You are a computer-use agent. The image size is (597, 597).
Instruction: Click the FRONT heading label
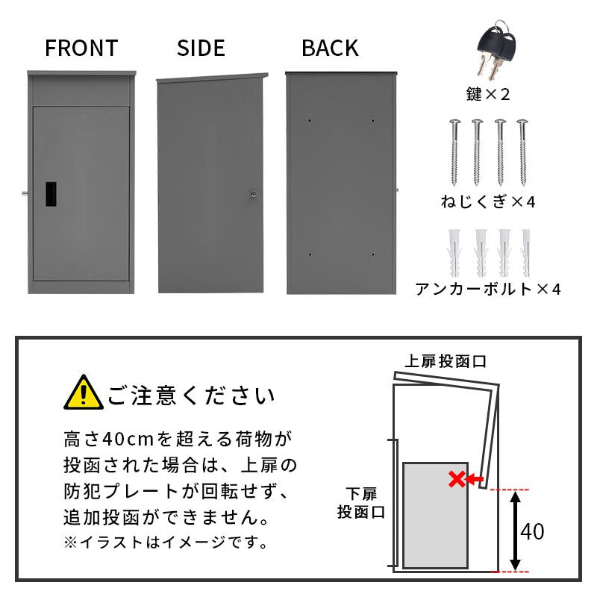pos(81,49)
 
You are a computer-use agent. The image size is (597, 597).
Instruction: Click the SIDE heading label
pos(201,49)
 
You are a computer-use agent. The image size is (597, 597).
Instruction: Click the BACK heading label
pos(330,49)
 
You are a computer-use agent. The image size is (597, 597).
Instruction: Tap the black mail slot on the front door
pos(51,193)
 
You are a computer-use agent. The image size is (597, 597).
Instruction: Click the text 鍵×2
pos(487,94)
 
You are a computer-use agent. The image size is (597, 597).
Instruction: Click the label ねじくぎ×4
pos(487,201)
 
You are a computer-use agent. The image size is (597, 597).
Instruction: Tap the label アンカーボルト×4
pos(487,288)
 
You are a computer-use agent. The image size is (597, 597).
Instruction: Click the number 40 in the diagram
pos(532,532)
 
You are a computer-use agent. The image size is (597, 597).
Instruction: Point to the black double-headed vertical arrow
pos(514,531)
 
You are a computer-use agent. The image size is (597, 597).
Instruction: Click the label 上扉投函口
pos(446,361)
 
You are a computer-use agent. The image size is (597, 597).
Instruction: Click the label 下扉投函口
pos(360,503)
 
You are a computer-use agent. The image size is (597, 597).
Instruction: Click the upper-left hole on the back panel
pos(309,119)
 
